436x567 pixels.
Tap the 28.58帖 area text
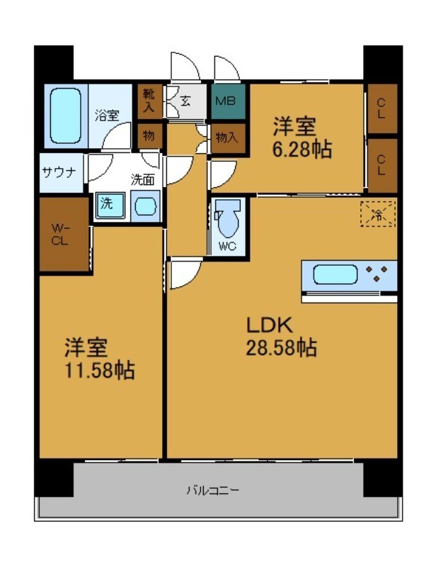(x=280, y=348)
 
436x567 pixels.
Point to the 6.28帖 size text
(x=303, y=150)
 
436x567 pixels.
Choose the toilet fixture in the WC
(x=228, y=222)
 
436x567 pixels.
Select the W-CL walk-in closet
(x=62, y=235)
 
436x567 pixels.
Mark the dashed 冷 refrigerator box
(x=377, y=213)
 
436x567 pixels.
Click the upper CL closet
(x=382, y=108)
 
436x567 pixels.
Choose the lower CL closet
(x=382, y=166)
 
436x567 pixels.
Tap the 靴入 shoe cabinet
(x=149, y=101)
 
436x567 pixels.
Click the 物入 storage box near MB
(x=226, y=137)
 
